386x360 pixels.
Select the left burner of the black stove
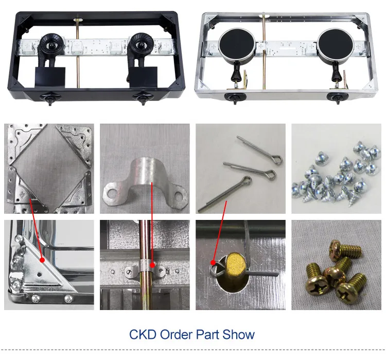[51, 44]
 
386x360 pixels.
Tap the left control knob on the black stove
[50, 97]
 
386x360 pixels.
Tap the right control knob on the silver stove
[335, 98]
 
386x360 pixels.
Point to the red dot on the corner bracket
[42, 260]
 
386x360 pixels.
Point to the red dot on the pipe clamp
[152, 265]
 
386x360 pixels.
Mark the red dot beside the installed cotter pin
[213, 262]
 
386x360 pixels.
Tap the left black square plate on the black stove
[50, 76]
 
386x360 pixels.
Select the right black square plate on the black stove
[143, 76]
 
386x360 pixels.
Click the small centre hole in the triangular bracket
[39, 273]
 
